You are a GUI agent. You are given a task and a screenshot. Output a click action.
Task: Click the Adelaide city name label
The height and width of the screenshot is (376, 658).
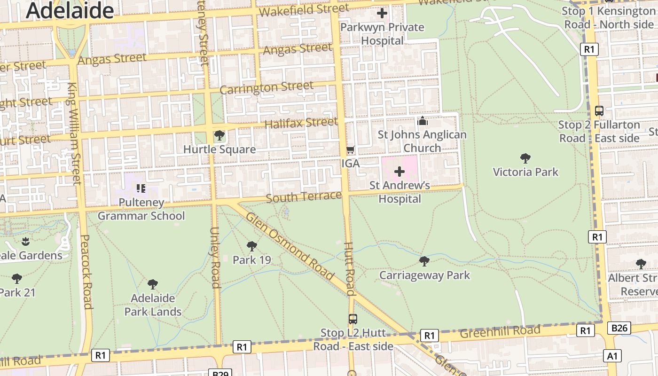tap(70, 10)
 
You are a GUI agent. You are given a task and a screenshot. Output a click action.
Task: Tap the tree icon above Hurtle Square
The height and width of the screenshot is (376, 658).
tap(219, 136)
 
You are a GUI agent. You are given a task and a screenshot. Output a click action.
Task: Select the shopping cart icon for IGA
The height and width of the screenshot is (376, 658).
tap(350, 150)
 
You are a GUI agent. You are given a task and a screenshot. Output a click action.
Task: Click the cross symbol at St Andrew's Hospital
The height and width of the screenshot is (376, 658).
tap(399, 172)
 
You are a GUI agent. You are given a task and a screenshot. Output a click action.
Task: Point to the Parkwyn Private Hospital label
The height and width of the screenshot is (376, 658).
tap(382, 34)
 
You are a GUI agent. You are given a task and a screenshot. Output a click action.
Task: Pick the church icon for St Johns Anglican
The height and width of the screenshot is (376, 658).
tap(422, 121)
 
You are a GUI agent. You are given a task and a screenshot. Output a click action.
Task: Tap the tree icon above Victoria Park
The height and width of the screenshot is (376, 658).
tap(525, 158)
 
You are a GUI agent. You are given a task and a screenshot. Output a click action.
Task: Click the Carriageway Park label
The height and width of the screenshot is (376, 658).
tap(424, 275)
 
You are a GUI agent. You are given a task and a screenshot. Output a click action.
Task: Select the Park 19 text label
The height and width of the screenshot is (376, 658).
tap(252, 260)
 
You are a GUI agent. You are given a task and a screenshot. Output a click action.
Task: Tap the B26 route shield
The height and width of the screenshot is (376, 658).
tap(619, 328)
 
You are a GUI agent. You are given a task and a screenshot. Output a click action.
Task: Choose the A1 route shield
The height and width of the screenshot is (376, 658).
tap(612, 356)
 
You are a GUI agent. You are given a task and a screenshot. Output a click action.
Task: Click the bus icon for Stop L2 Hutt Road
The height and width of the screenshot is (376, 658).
tap(352, 319)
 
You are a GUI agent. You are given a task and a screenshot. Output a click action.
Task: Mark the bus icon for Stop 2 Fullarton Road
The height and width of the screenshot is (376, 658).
tap(599, 111)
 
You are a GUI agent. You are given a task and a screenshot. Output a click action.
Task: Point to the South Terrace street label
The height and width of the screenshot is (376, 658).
tap(304, 196)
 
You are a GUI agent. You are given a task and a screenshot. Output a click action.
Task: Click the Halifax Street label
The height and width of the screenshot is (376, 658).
tap(301, 123)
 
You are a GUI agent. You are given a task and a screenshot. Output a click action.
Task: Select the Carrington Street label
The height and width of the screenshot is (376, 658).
tap(266, 87)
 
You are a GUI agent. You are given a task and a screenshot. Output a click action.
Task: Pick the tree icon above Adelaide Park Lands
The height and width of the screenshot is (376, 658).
tap(152, 284)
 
